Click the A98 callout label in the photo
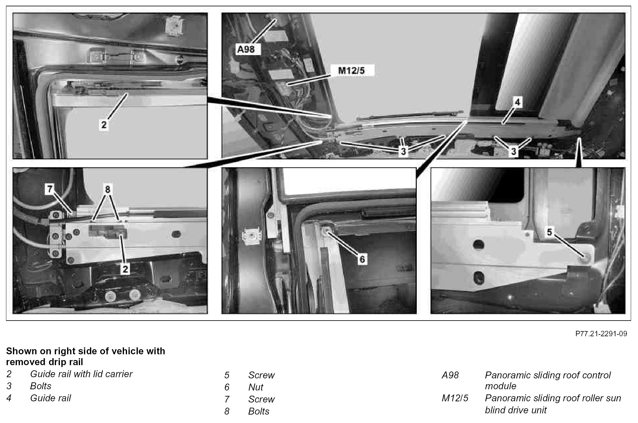(x=246, y=49)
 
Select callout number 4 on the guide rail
(x=517, y=102)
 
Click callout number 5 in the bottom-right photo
(x=550, y=232)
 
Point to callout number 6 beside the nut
(x=362, y=259)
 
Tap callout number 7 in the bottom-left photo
(x=50, y=189)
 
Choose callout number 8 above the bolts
(x=107, y=189)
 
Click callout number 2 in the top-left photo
(x=104, y=124)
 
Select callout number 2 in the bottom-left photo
(x=125, y=269)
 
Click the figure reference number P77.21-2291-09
(x=601, y=334)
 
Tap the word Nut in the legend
(x=256, y=387)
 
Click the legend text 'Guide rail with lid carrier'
(x=81, y=374)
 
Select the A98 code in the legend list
(x=450, y=375)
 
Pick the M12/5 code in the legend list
(x=455, y=398)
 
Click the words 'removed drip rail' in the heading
(x=45, y=362)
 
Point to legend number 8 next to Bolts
(x=227, y=411)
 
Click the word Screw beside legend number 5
(x=262, y=375)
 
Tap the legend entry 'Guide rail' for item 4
(x=51, y=398)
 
